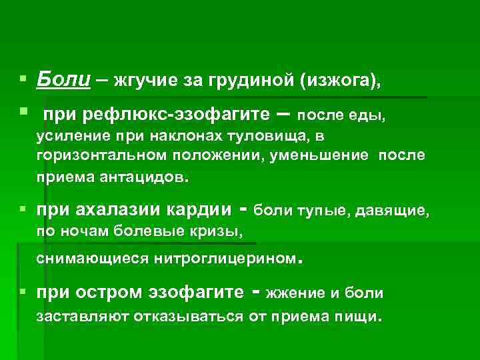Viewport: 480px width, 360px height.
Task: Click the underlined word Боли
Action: pos(63,80)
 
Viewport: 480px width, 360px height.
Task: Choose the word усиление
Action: pos(69,137)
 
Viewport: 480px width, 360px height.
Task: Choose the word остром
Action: pos(118,293)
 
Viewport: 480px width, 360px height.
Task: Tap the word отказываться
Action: pos(190,316)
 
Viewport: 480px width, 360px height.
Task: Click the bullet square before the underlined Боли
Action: pos(23,79)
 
